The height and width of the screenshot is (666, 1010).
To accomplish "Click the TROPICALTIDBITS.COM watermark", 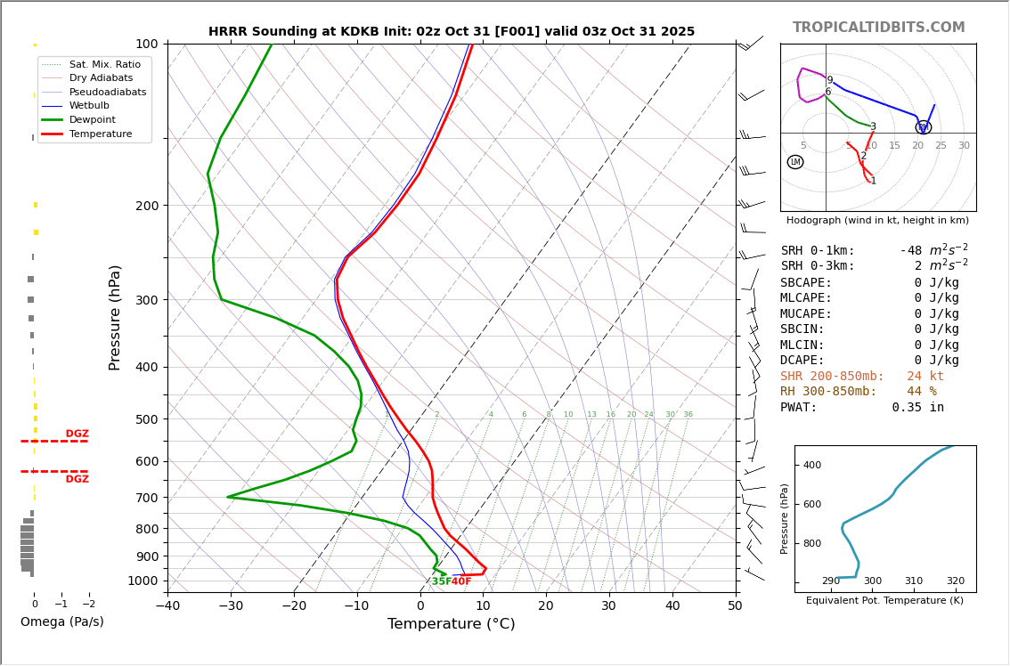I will point(878,28).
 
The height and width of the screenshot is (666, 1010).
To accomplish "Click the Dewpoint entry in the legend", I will point(92,119).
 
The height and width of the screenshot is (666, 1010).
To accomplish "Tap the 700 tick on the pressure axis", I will point(147,498).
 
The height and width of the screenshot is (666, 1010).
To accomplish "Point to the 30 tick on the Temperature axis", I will point(608,606).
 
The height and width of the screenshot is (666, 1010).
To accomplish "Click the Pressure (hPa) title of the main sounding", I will point(115,317).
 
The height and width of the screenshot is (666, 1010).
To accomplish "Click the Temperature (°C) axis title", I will point(451,624).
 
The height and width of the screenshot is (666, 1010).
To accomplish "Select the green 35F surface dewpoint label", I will point(441,581).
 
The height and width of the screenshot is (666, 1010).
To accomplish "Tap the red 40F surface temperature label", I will point(461,581).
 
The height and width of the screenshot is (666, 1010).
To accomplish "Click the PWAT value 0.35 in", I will point(917,408).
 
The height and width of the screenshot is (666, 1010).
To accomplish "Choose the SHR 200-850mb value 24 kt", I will point(925,377).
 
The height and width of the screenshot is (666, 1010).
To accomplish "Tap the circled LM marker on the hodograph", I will point(795,162).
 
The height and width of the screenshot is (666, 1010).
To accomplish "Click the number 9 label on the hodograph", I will point(829,80).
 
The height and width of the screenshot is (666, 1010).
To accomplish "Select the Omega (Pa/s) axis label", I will point(62,621).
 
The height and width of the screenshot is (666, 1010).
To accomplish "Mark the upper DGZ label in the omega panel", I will point(77,435).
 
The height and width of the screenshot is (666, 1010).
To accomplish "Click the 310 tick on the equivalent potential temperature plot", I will point(914,581).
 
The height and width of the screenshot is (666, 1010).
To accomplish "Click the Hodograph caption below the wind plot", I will point(877,220).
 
